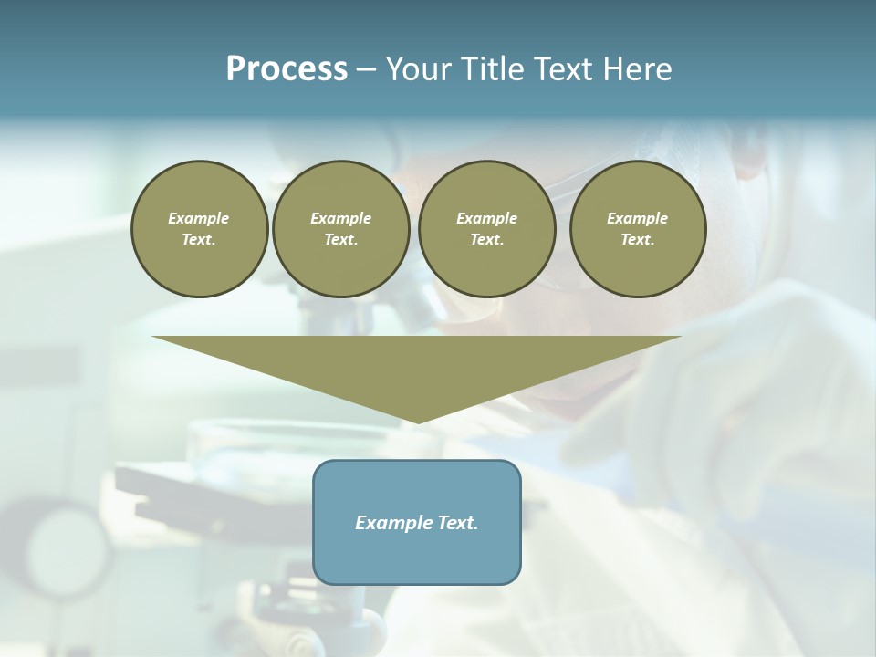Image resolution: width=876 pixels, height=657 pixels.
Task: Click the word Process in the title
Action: pos(287,69)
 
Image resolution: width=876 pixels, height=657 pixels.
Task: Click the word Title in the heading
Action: pos(490,69)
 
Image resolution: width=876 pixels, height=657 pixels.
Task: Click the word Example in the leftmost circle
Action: pos(199,218)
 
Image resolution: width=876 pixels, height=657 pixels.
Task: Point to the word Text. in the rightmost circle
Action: pos(638,240)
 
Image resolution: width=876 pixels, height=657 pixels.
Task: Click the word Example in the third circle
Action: pos(486,218)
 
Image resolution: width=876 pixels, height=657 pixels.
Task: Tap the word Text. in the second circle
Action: pos(341,240)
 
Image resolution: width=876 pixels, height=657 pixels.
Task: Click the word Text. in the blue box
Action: pos(457,523)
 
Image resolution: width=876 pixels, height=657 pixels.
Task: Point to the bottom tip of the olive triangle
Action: pos(417,421)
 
